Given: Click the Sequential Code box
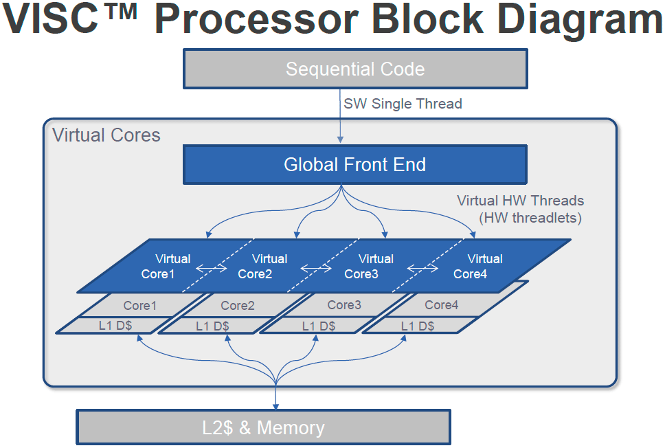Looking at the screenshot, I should click(x=354, y=69).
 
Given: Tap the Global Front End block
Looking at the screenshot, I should click(x=354, y=165).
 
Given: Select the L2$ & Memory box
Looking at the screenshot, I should click(x=263, y=427).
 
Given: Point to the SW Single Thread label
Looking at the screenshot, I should click(x=403, y=104).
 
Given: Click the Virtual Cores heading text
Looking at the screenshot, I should click(x=106, y=135).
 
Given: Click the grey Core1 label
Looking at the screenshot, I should click(x=140, y=305).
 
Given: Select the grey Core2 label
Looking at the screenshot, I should click(x=238, y=305).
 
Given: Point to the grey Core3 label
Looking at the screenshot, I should click(x=344, y=304).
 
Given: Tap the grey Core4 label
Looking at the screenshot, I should click(x=441, y=304).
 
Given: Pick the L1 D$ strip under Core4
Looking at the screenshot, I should click(x=417, y=326).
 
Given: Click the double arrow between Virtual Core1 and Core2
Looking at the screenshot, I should click(x=211, y=268).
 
